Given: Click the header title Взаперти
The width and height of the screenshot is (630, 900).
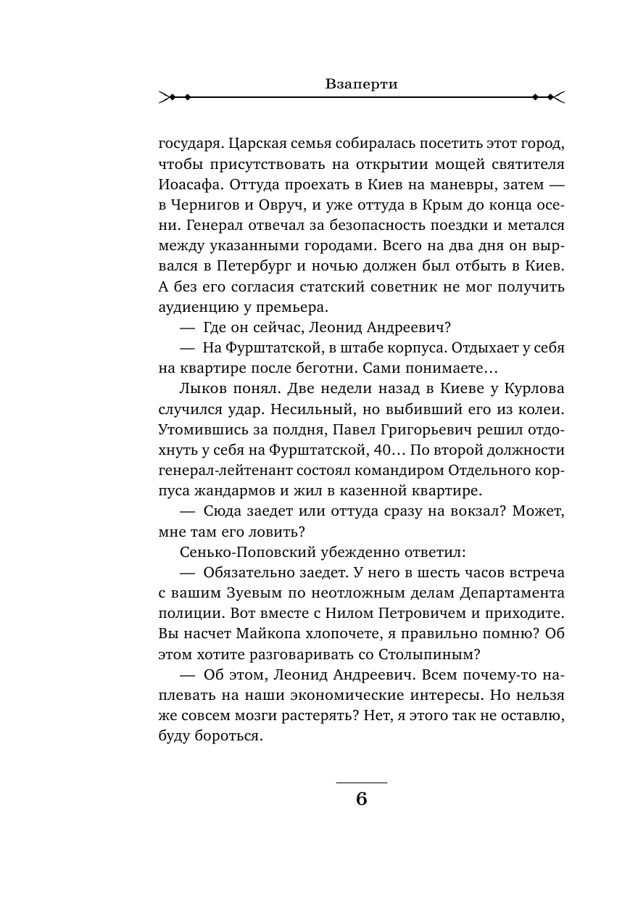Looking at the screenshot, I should pos(362,83).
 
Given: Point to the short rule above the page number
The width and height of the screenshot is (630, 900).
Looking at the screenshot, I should pos(362,783).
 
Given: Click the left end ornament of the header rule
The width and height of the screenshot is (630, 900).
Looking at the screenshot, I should pos(174,96).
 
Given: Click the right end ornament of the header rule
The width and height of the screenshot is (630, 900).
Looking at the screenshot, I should pos(550,96).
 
